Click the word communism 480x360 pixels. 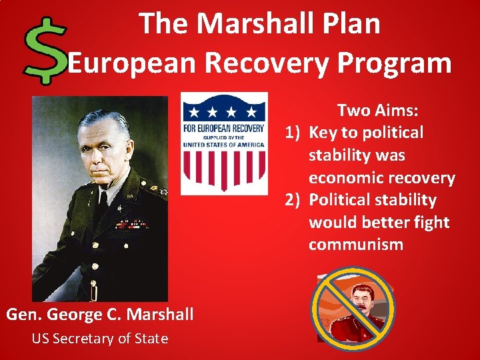click(355, 245)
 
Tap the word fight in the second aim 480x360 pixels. click(431, 222)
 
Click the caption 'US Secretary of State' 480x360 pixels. click(100, 339)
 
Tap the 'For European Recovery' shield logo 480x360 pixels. click(224, 143)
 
